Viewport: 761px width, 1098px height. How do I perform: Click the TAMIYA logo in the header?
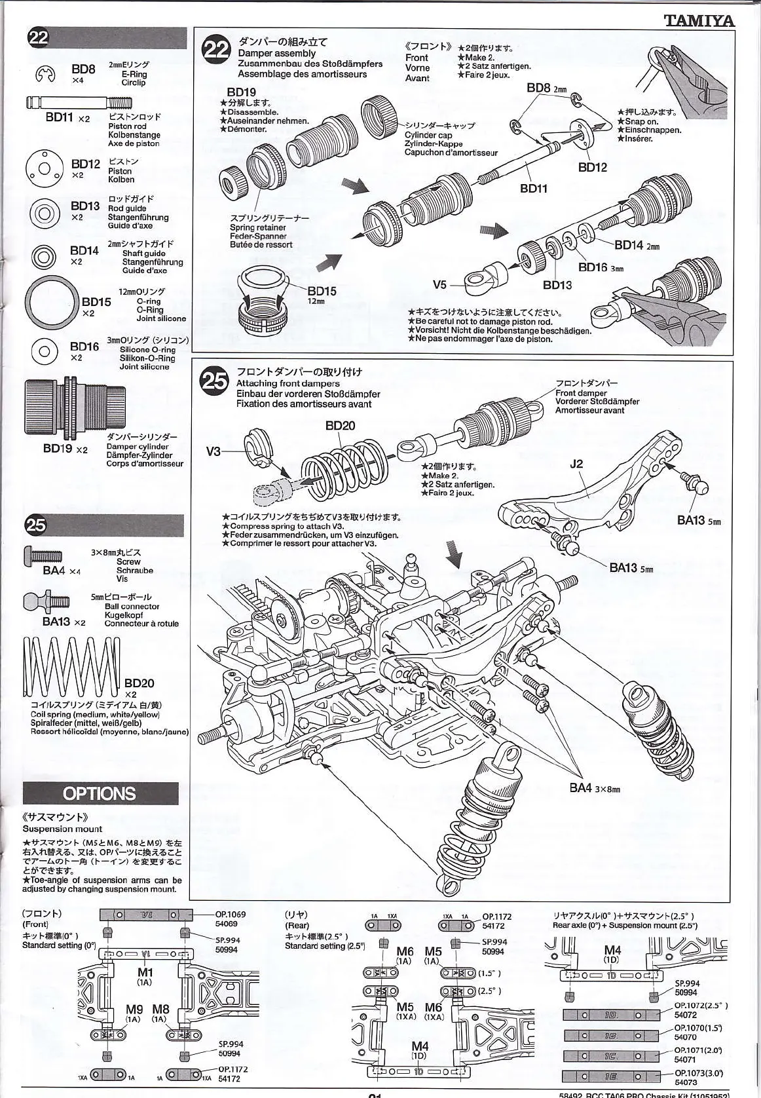(699, 20)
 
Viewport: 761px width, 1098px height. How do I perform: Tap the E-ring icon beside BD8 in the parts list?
(45, 75)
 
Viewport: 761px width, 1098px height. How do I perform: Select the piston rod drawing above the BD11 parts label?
(79, 102)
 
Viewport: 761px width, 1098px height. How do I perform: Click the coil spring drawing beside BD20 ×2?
(72, 667)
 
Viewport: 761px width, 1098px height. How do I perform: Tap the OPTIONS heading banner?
(100, 793)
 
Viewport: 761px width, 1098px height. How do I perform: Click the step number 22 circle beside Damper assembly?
(216, 50)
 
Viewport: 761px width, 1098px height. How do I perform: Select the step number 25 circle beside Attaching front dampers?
(215, 381)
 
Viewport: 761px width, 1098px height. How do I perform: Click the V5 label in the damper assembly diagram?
(439, 284)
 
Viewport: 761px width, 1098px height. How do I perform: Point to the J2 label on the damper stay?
(576, 464)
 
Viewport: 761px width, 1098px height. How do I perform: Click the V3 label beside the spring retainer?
(213, 451)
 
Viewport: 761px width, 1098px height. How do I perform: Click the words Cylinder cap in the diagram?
(428, 135)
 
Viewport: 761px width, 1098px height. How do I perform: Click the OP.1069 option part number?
(231, 914)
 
